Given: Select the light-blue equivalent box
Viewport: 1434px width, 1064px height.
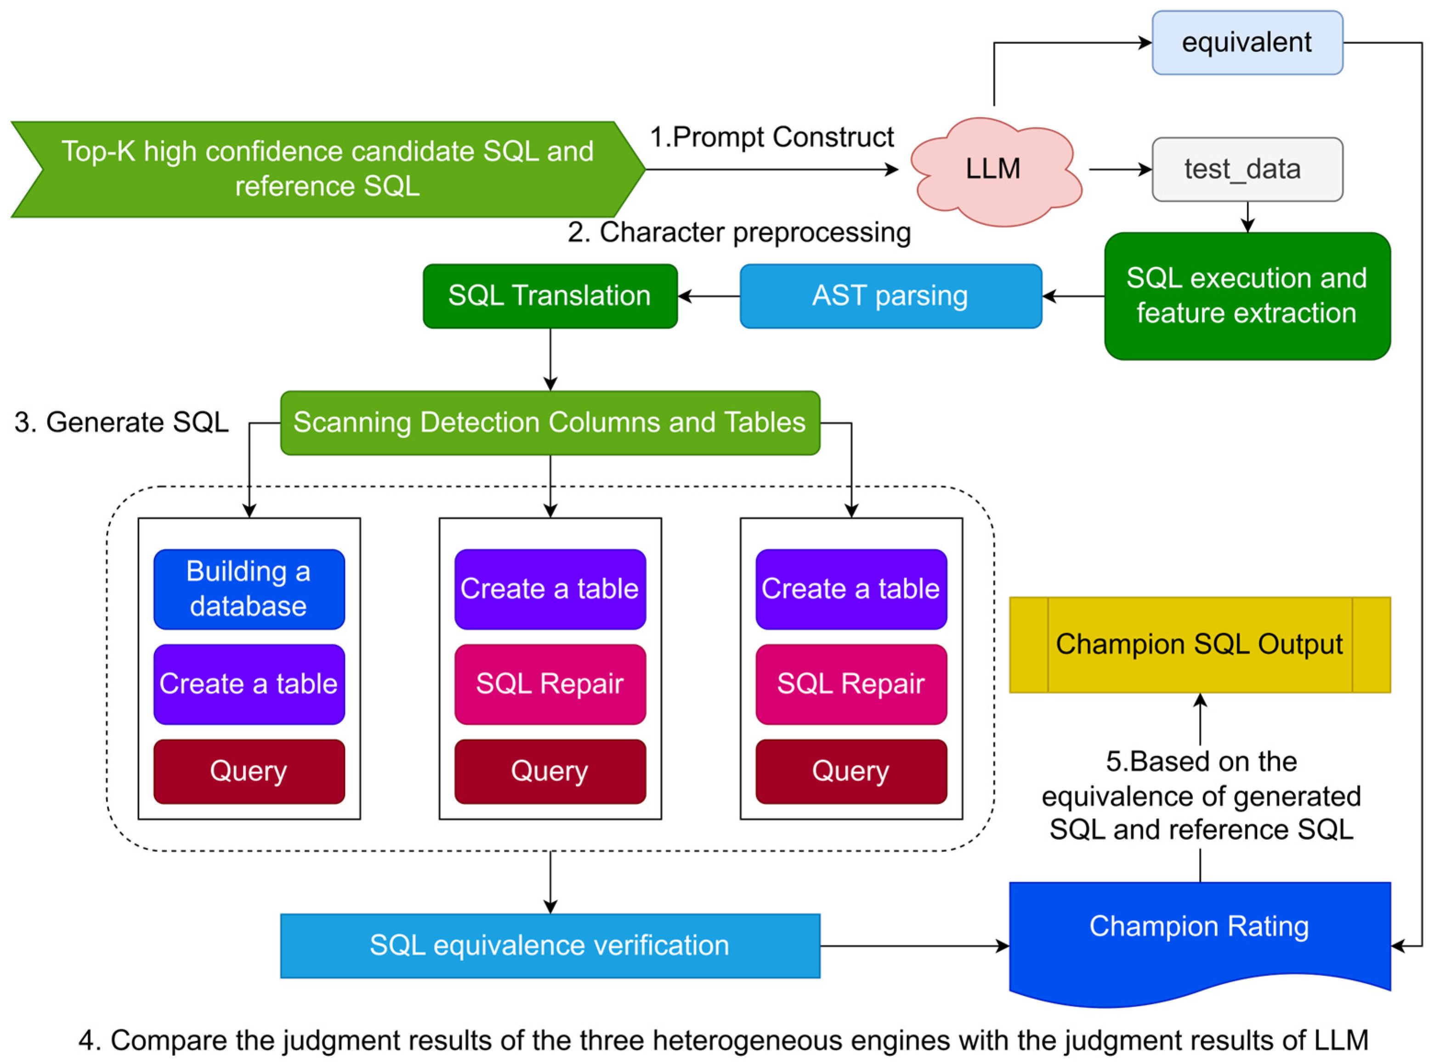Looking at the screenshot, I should point(1247,43).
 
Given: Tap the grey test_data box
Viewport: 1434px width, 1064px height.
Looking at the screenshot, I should point(1247,170).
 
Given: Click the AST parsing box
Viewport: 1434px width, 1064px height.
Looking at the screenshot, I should point(890,296).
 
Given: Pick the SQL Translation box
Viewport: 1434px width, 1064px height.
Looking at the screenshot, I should point(550,296).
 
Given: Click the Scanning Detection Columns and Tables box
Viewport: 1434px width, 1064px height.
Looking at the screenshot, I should point(550,423).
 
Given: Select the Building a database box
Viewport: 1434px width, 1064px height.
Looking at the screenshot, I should point(249,589).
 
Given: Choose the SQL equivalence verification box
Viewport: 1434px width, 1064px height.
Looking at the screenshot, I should point(550,945).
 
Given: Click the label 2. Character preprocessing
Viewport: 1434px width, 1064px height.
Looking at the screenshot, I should point(739,232).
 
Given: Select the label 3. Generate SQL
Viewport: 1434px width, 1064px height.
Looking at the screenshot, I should point(121,423).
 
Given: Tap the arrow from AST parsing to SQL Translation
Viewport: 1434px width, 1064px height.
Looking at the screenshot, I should point(708,296).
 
